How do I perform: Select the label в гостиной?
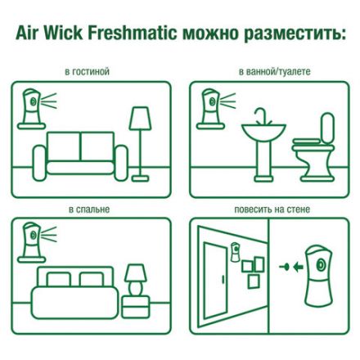tap(88, 72)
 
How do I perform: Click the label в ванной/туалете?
tap(275, 72)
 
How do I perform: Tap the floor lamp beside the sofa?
tap(140, 139)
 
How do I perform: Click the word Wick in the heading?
tap(67, 34)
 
